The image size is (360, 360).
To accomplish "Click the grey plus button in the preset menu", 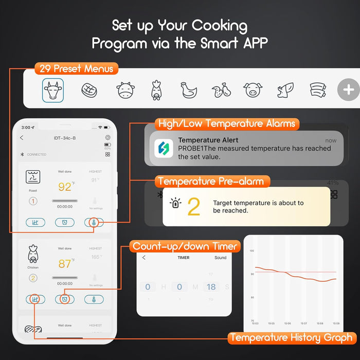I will click(x=348, y=90).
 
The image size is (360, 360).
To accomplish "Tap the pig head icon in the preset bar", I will click(x=251, y=91).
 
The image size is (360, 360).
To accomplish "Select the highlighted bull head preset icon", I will click(x=53, y=90).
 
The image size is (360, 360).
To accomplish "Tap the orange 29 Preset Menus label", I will click(x=76, y=68).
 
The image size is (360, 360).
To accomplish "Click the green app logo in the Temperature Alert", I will click(x=164, y=149).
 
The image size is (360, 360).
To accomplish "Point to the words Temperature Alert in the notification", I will click(x=208, y=140).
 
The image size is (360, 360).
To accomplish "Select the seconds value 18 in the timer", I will click(x=211, y=287).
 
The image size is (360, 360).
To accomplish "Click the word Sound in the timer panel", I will click(x=220, y=258).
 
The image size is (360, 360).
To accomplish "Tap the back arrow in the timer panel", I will click(x=144, y=258).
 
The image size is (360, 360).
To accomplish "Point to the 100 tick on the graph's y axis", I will click(x=251, y=251).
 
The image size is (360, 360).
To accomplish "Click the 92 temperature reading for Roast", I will click(x=65, y=186).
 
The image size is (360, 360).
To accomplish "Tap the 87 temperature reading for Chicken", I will click(x=65, y=264).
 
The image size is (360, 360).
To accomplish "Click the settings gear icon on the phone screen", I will click(x=107, y=138).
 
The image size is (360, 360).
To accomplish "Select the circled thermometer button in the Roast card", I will click(x=94, y=222).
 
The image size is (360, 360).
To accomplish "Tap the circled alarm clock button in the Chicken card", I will click(x=65, y=299).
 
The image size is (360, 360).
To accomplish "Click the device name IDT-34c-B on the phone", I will click(x=65, y=138).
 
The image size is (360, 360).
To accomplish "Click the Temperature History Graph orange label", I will click(x=292, y=338).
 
